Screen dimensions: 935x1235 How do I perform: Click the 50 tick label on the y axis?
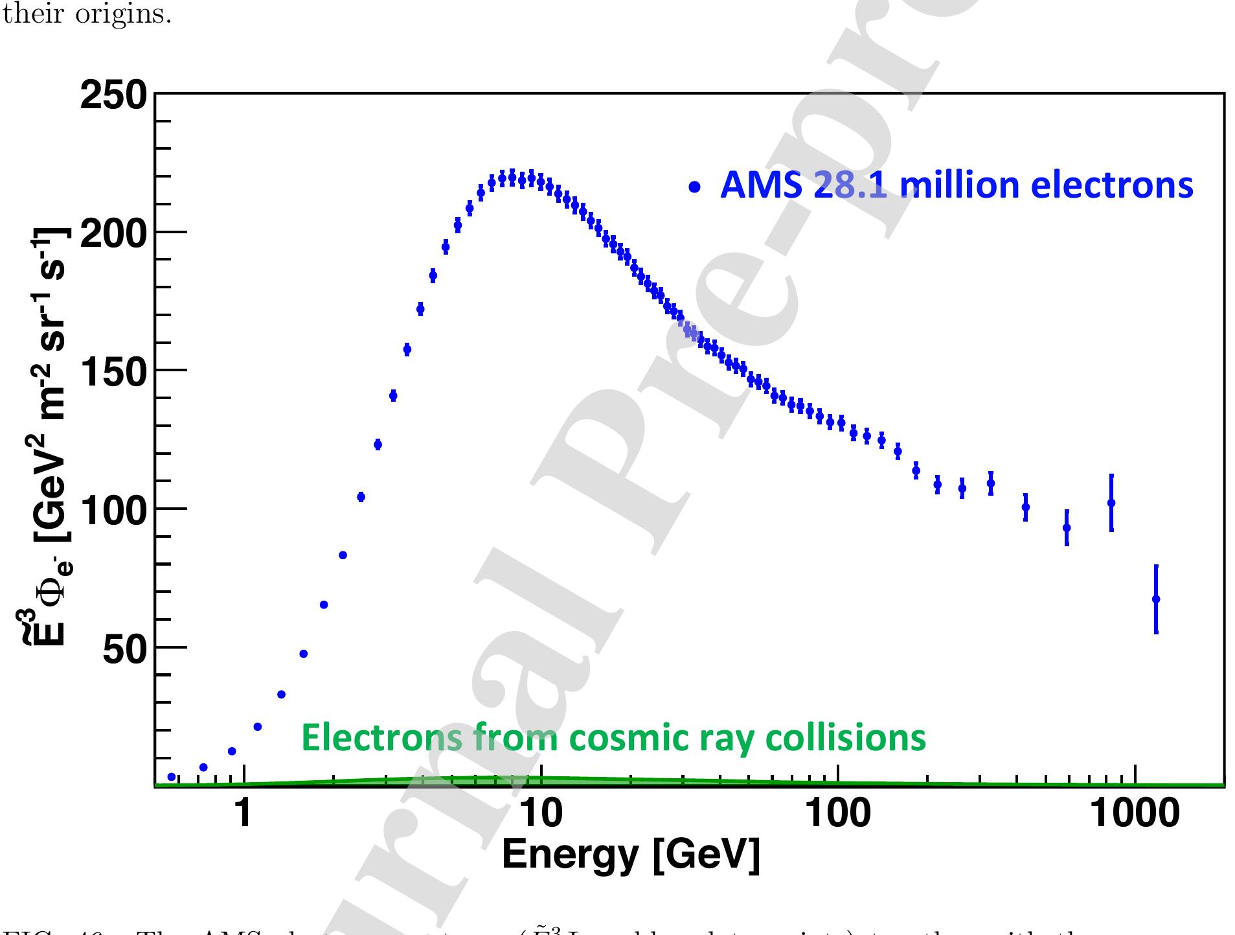(126, 649)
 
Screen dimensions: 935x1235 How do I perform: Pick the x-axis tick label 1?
(243, 814)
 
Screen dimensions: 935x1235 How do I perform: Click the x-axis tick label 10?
(541, 814)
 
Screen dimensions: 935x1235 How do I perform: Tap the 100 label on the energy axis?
(837, 814)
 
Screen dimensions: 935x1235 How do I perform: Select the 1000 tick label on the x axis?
(1135, 814)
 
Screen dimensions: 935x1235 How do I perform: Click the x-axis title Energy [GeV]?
(631, 855)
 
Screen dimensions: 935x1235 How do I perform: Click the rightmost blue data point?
(1156, 599)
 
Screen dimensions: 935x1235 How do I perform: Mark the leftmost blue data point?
(172, 777)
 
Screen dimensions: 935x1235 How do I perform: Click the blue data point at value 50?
(303, 654)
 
